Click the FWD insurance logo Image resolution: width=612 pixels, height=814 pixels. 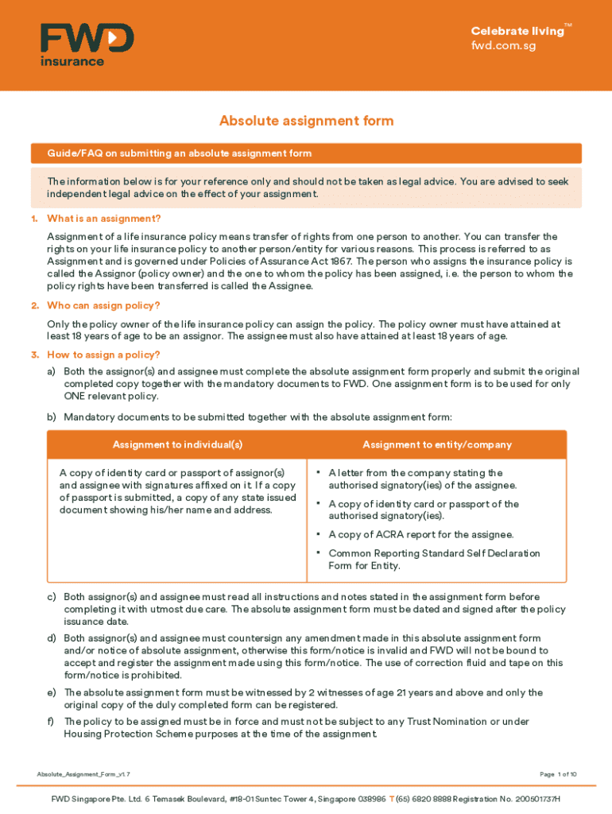[x=87, y=45]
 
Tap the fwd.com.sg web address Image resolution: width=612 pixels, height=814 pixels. [x=503, y=45]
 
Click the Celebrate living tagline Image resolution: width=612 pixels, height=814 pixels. [x=517, y=31]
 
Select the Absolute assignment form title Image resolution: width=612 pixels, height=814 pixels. [x=306, y=121]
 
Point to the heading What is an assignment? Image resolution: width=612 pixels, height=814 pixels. [x=103, y=219]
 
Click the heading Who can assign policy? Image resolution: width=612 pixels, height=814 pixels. [x=103, y=306]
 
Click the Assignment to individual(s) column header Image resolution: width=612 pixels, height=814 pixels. [x=177, y=445]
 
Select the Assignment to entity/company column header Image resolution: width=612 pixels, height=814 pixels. [x=437, y=445]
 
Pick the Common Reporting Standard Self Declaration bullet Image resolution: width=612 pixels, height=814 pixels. [x=434, y=560]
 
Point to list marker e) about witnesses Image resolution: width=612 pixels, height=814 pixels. [x=52, y=692]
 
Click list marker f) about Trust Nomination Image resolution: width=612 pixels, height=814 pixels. [x=51, y=722]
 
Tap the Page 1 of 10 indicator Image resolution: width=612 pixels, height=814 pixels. [x=558, y=774]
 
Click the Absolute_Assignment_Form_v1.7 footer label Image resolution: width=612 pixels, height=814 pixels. [x=83, y=774]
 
